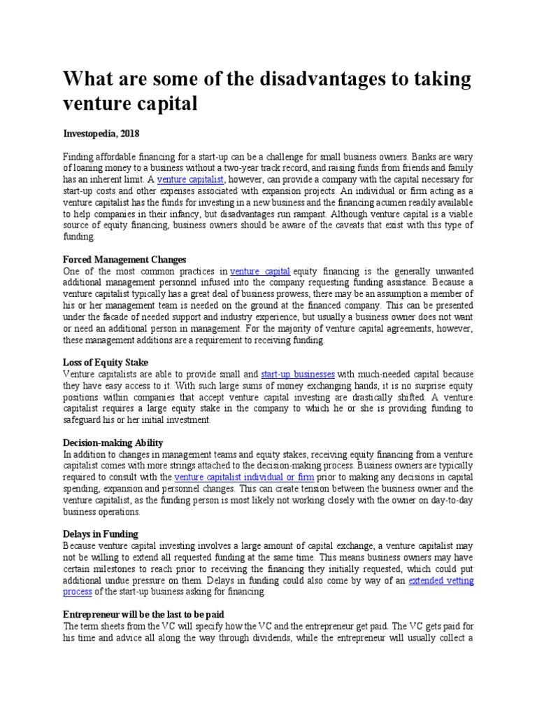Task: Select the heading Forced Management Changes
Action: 124,259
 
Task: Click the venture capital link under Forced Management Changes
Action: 260,271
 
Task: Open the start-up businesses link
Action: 297,375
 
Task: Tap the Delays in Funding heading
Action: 101,534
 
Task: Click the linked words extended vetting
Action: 441,580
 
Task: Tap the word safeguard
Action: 85,419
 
